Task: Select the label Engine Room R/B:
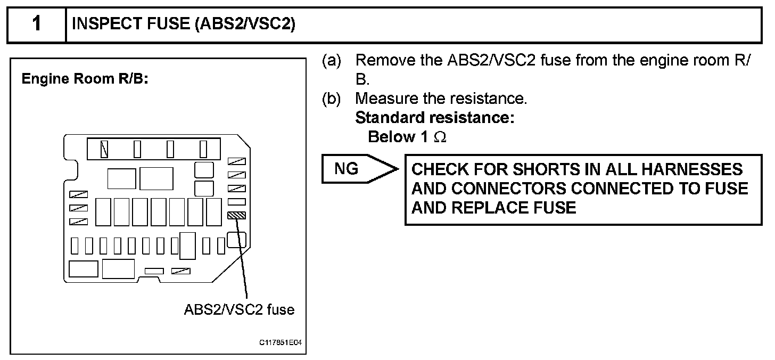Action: (x=84, y=79)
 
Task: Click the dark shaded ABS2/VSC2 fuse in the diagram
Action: (x=236, y=216)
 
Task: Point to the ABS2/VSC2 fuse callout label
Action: (x=239, y=309)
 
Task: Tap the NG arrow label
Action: (x=347, y=169)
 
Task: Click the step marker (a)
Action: (x=333, y=60)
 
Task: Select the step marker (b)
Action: (x=333, y=99)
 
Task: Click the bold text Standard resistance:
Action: (x=434, y=118)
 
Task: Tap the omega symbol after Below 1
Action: (x=440, y=137)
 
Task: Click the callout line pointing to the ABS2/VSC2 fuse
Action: (x=243, y=261)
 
